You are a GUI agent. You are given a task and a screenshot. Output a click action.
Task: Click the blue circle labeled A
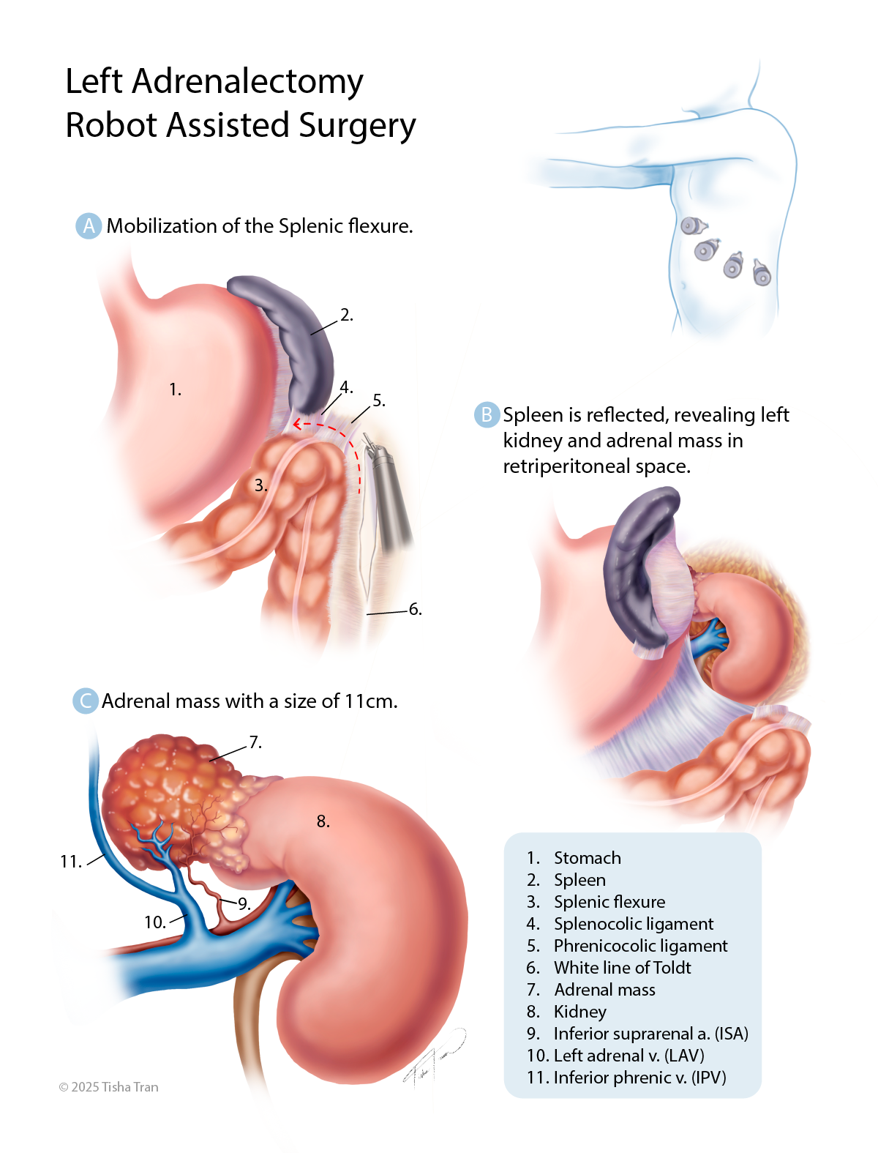pyautogui.click(x=89, y=226)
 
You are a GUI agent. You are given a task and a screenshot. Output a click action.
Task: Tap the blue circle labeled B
pyautogui.click(x=486, y=414)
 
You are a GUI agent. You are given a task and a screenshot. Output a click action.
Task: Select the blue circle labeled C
pyautogui.click(x=85, y=701)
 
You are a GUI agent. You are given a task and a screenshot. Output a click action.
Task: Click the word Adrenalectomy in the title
pyautogui.click(x=247, y=82)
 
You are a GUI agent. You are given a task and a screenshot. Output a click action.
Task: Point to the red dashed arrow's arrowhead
pyautogui.click(x=298, y=423)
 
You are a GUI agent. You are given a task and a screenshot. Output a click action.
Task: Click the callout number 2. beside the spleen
pyautogui.click(x=346, y=315)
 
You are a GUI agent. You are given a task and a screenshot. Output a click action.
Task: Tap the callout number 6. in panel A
pyautogui.click(x=415, y=609)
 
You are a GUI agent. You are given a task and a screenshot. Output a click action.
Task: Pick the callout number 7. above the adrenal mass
pyautogui.click(x=255, y=742)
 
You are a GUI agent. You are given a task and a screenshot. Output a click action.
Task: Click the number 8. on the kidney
pyautogui.click(x=323, y=821)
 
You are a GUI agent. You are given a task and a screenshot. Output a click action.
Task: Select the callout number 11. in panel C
pyautogui.click(x=71, y=862)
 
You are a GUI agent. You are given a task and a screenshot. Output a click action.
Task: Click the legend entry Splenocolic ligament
pyautogui.click(x=634, y=923)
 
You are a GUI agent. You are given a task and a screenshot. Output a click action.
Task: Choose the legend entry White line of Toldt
pyautogui.click(x=623, y=968)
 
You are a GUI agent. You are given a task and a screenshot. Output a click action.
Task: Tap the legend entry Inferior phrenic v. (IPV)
pyautogui.click(x=639, y=1078)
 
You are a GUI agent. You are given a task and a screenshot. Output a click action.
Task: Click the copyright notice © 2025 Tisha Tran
pyautogui.click(x=108, y=1087)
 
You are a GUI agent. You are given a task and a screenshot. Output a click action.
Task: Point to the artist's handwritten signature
pyautogui.click(x=434, y=1059)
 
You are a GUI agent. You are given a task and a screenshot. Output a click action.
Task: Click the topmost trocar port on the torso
pyautogui.click(x=694, y=226)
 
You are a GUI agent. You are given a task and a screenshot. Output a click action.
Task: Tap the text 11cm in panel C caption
pyautogui.click(x=370, y=701)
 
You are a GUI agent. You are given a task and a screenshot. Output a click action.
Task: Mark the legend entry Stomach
pyautogui.click(x=588, y=858)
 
